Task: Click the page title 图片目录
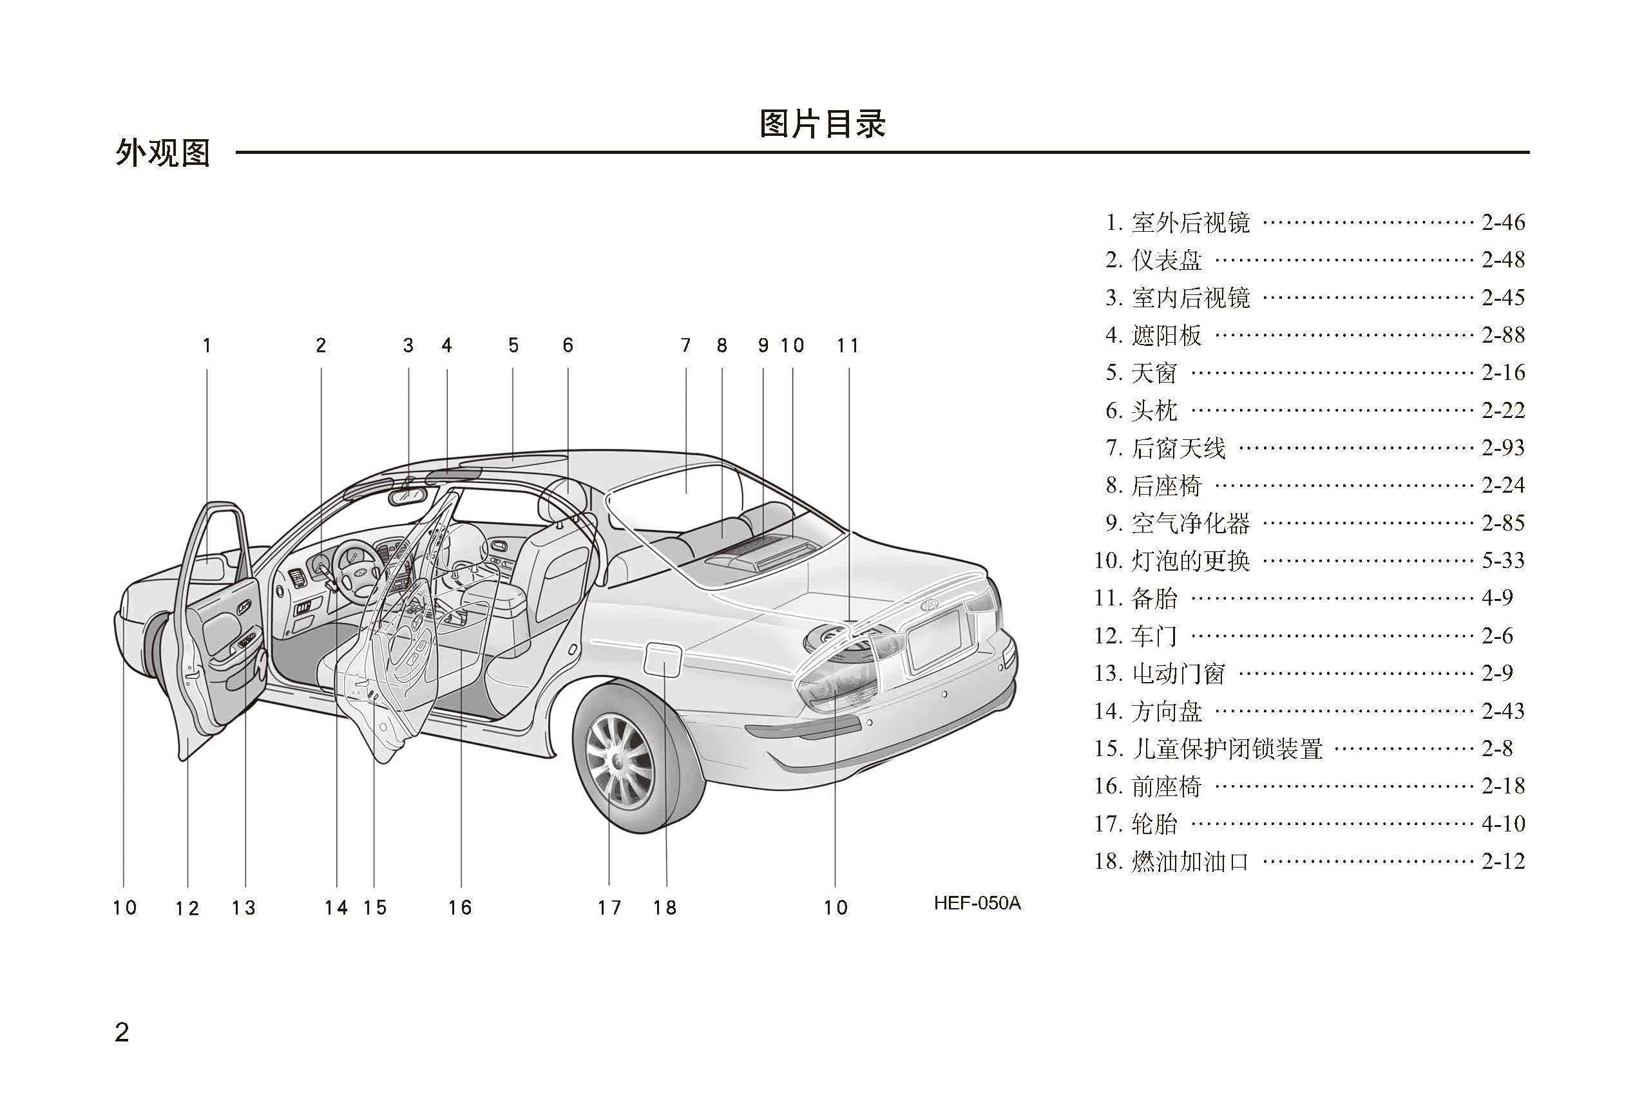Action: point(822,124)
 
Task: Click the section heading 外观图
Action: point(163,153)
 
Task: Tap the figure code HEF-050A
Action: point(977,903)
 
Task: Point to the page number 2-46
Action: point(1503,223)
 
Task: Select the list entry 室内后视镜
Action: point(1190,298)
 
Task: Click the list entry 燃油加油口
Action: point(1190,861)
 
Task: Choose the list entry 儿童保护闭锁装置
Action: point(1227,749)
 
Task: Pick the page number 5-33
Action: point(1503,561)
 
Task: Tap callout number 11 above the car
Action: point(848,346)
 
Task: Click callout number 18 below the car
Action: point(665,907)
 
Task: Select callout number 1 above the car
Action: point(207,346)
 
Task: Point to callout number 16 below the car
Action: point(460,907)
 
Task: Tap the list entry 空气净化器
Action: point(1190,524)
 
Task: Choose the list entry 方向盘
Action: point(1167,712)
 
